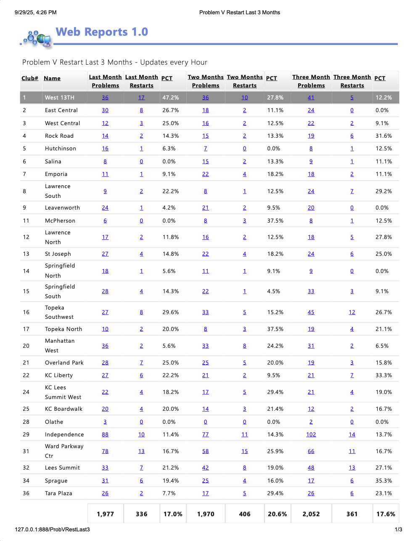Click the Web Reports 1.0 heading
(102, 32)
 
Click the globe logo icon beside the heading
(37, 38)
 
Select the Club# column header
(30, 78)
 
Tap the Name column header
(52, 78)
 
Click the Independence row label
(64, 434)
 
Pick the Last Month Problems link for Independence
(105, 434)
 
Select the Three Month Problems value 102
(311, 434)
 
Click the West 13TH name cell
(60, 97)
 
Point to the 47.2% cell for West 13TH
(171, 97)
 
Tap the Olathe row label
(54, 422)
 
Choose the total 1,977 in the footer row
(105, 514)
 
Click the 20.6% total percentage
(277, 514)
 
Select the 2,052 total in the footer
(311, 514)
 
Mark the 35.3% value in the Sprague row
(384, 481)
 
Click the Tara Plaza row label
(58, 493)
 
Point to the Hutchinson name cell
(61, 148)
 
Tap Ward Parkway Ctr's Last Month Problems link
(105, 451)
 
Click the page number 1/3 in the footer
(398, 529)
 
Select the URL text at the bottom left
(52, 529)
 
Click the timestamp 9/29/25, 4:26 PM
(35, 13)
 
